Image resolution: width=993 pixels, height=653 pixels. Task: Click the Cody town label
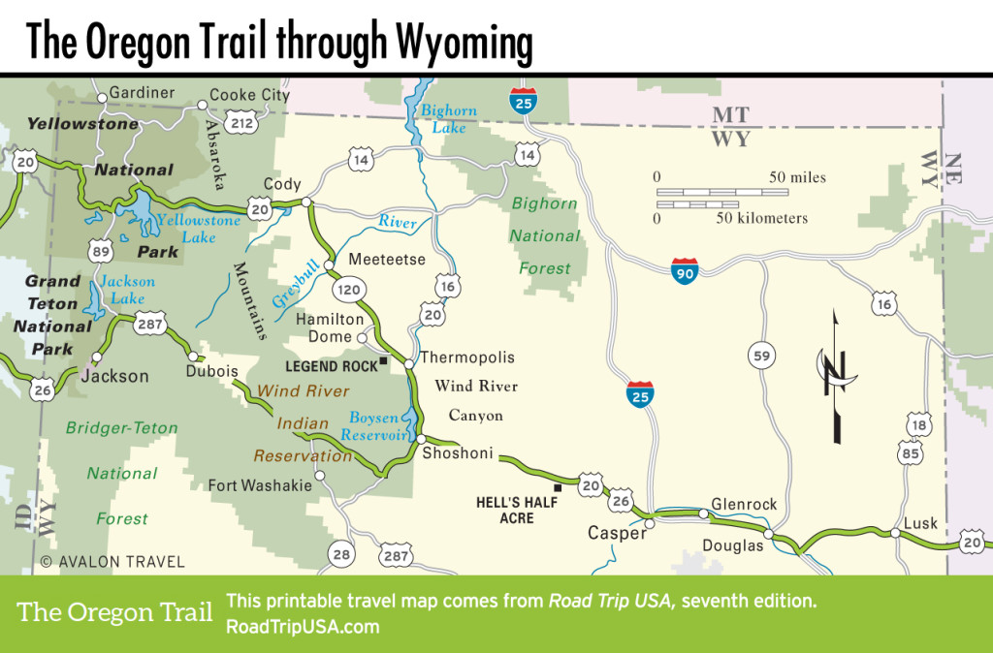(x=282, y=184)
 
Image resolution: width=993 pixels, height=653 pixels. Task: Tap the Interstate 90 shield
(x=684, y=271)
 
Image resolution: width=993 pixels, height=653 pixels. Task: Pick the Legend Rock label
(x=331, y=366)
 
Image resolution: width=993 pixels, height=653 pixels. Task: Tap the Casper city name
(x=617, y=534)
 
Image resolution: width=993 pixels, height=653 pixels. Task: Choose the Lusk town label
(x=920, y=523)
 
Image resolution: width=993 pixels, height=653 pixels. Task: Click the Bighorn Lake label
(x=448, y=119)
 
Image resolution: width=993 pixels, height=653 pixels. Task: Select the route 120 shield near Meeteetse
(x=348, y=289)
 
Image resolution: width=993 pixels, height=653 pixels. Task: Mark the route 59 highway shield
(x=762, y=357)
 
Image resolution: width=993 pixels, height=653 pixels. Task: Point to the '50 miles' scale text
(x=798, y=177)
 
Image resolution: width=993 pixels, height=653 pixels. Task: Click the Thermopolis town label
(x=466, y=358)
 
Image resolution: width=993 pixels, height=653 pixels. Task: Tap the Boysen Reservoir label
(x=375, y=427)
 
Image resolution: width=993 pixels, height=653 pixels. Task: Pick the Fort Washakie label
(x=261, y=485)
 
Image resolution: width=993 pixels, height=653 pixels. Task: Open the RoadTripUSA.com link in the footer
(x=302, y=627)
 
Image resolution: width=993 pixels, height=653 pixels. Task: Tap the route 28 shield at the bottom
(x=340, y=554)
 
